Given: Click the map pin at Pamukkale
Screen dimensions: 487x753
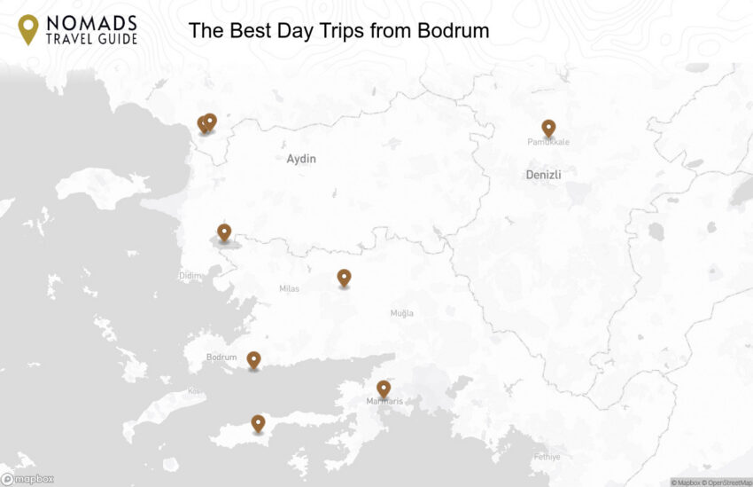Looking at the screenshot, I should tap(548, 129).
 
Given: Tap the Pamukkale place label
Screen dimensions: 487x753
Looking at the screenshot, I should tap(548, 142).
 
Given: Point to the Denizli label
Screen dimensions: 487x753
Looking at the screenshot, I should tap(543, 175).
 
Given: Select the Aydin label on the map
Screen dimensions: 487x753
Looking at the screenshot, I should tap(301, 159).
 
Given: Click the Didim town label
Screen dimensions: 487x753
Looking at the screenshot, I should tap(190, 276).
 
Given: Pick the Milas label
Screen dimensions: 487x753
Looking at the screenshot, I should tap(289, 289).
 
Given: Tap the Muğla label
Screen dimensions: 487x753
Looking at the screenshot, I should tap(402, 313).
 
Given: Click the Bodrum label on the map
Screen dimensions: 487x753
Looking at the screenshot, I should tap(221, 357).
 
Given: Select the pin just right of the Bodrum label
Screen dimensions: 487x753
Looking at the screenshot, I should tap(253, 359).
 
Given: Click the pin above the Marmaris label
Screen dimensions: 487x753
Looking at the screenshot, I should tap(384, 389).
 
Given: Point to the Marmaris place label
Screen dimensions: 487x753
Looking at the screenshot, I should tap(384, 402).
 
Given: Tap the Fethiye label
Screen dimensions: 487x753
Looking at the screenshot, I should tap(547, 457).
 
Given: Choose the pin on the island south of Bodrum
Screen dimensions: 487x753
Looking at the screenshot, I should tap(258, 423).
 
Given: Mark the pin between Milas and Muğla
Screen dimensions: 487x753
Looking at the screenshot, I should tap(344, 278).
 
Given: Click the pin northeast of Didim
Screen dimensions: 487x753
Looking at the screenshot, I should tap(224, 232).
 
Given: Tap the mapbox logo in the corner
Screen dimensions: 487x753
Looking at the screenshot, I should tap(27, 479).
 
